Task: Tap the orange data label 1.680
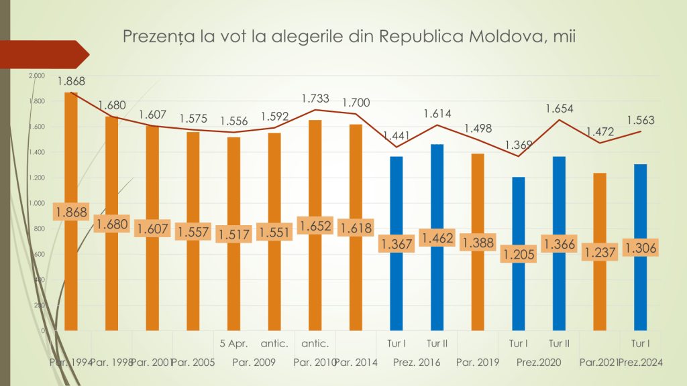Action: (111, 224)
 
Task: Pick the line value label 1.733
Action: (315, 99)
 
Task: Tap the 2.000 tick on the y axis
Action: (37, 76)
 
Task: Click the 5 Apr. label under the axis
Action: (234, 344)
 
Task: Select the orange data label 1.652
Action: (315, 226)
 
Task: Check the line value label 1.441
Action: (394, 135)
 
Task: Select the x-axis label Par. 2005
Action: (193, 363)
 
